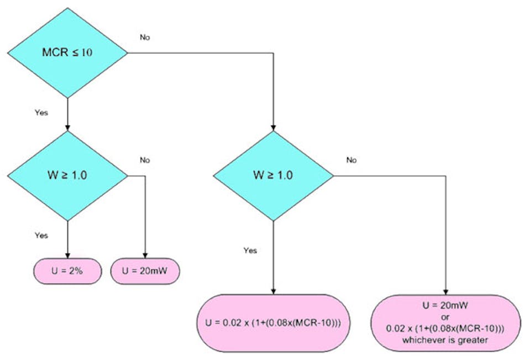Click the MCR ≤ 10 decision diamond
pyautogui.click(x=67, y=53)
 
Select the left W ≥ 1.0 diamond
pyautogui.click(x=67, y=176)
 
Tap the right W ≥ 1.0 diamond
pyautogui.click(x=274, y=176)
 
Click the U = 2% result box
pyautogui.click(x=67, y=272)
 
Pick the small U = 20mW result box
pyautogui.click(x=145, y=272)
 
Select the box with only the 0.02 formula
pyautogui.click(x=274, y=323)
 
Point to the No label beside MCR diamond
pyautogui.click(x=145, y=38)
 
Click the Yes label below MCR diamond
pyautogui.click(x=41, y=113)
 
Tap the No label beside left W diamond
pyautogui.click(x=145, y=160)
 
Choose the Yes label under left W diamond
pyautogui.click(x=41, y=236)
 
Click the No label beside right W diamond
pyautogui.click(x=351, y=160)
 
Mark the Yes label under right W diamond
pyautogui.click(x=250, y=251)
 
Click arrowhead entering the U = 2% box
pyautogui.click(x=67, y=255)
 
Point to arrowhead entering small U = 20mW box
pyautogui.click(x=145, y=255)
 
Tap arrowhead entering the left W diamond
pyautogui.click(x=67, y=128)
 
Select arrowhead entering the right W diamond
pyautogui.click(x=274, y=128)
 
